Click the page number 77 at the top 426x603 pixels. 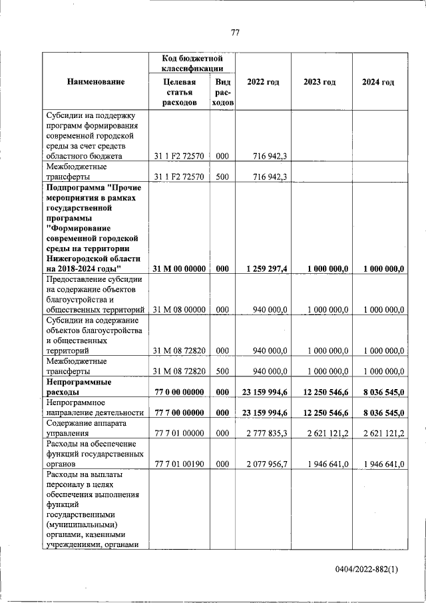click(234, 33)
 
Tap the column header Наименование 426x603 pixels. click(95, 82)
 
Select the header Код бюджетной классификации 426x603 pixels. click(192, 64)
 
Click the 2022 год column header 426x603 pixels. click(262, 82)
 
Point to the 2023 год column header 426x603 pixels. click(319, 82)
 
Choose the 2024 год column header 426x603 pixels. click(377, 82)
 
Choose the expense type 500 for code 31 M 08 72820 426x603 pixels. click(222, 371)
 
